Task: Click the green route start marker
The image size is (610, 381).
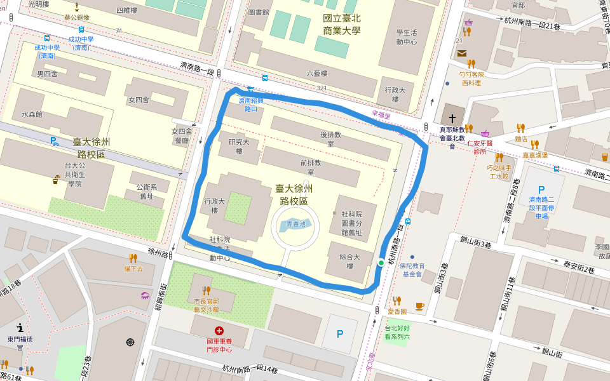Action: [381, 263]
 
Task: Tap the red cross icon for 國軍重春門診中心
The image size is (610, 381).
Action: [219, 331]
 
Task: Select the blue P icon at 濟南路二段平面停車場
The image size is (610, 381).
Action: [541, 190]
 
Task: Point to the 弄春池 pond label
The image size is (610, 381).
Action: [296, 224]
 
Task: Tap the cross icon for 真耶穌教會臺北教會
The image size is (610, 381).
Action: [452, 119]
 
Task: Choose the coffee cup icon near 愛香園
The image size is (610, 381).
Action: [419, 306]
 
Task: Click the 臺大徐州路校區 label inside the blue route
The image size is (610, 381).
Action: [294, 195]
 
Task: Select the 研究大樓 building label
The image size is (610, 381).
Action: [240, 146]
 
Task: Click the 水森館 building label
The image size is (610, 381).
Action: [32, 115]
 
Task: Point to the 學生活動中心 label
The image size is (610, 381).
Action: [406, 37]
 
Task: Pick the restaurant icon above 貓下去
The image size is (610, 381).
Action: [133, 258]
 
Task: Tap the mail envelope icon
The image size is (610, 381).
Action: [461, 53]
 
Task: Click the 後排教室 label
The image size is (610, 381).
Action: [331, 140]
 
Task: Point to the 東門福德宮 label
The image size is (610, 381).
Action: [20, 343]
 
